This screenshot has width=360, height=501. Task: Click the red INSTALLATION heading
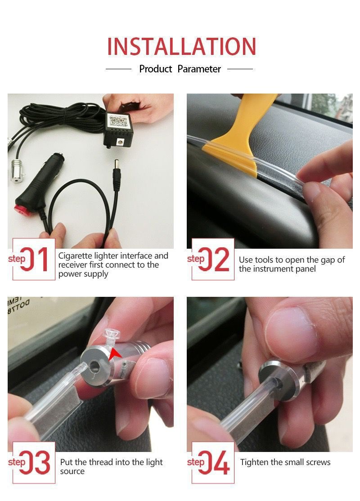pyautogui.click(x=181, y=47)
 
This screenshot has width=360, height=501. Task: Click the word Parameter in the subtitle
pyautogui.click(x=199, y=69)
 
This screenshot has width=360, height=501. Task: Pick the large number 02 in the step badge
pyautogui.click(x=214, y=259)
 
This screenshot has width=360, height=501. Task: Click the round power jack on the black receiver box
pyautogui.click(x=121, y=141)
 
